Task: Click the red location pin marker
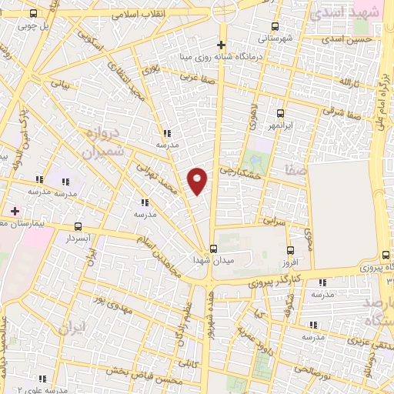click(x=199, y=180)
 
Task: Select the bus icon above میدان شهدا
click(x=215, y=249)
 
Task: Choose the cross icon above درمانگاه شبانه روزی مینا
click(x=222, y=45)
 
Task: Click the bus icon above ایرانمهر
click(x=280, y=112)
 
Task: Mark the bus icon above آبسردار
click(x=78, y=226)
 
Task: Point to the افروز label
click(x=289, y=263)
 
